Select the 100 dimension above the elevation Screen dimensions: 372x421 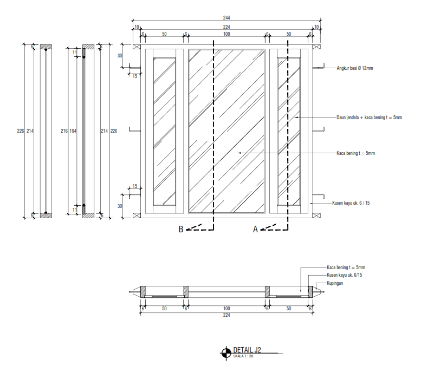tap(226, 34)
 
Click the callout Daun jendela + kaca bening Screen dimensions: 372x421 tap(369, 118)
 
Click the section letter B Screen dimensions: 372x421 tap(182, 230)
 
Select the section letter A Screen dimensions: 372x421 tap(255, 230)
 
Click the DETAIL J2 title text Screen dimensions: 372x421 tap(248, 350)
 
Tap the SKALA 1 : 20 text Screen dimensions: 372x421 tap(244, 356)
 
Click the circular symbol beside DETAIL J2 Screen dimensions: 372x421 tap(225, 353)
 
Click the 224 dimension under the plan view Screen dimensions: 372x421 tap(226, 315)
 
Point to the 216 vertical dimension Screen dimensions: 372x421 tap(64, 131)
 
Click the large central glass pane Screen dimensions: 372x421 tap(226, 130)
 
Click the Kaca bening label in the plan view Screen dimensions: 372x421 tap(346, 267)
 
